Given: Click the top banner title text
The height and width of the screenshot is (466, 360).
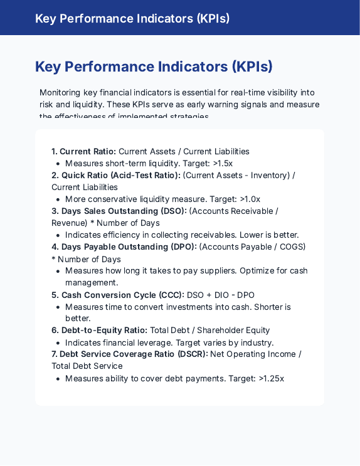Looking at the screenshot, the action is pos(132,18).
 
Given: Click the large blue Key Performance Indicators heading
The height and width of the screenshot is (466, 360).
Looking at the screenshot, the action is pos(154,66).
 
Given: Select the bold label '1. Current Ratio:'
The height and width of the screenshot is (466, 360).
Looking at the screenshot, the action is pos(83,151).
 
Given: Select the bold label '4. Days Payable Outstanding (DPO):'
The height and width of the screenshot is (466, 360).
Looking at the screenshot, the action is pos(124,246).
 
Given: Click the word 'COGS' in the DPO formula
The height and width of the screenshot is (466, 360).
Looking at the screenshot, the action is pos(292,246).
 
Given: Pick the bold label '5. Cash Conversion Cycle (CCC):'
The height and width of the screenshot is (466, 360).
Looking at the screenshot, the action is pos(118,295).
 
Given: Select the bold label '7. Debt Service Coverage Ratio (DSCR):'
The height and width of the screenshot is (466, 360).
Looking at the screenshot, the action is pos(129,354).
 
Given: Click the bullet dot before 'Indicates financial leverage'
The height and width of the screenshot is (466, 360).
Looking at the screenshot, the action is pos(58,343).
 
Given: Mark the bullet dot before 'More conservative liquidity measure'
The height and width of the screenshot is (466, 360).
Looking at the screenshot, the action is pos(58,199).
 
